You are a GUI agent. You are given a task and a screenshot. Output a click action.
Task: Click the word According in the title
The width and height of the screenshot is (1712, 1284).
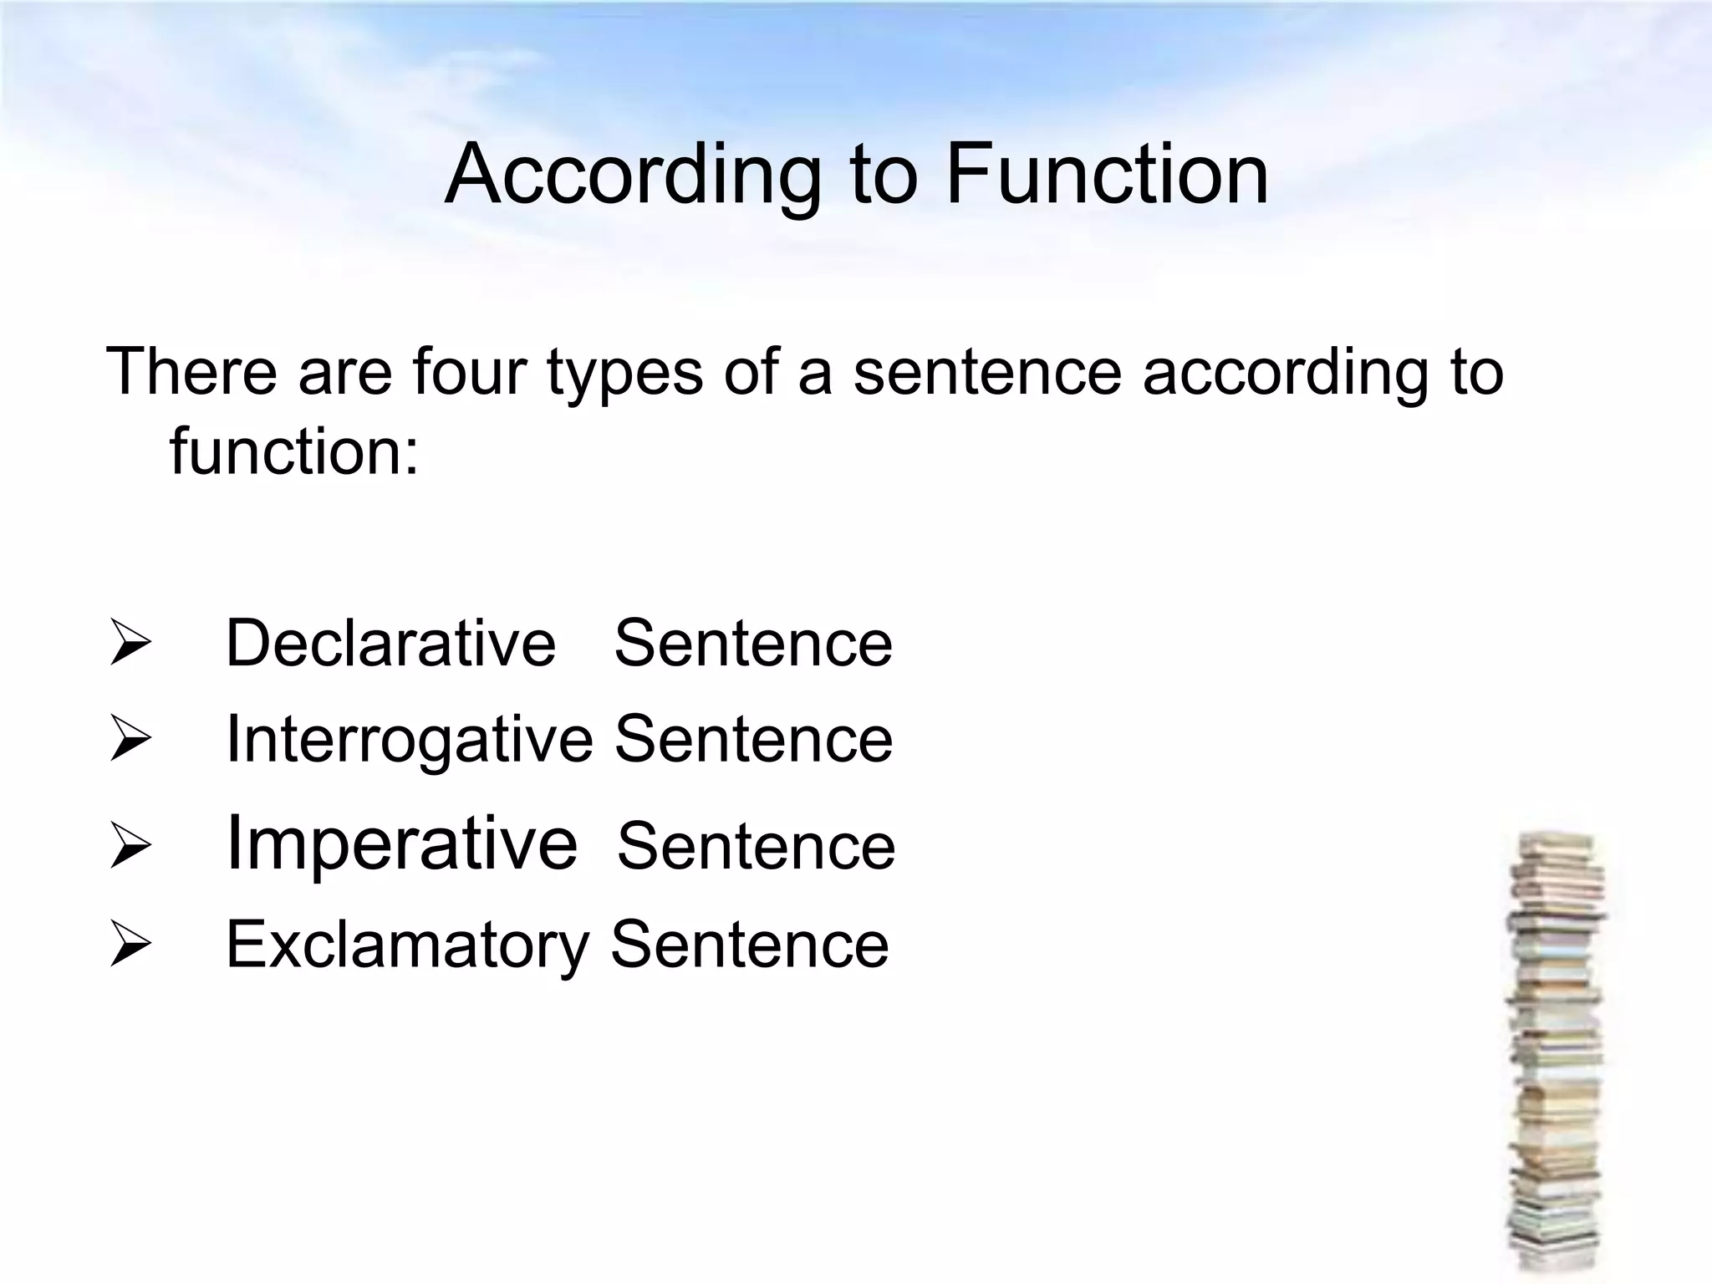click(633, 176)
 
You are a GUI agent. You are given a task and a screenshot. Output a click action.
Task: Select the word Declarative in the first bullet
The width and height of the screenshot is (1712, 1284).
click(390, 643)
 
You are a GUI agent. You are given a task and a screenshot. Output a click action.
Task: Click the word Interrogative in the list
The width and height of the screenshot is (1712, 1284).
click(409, 740)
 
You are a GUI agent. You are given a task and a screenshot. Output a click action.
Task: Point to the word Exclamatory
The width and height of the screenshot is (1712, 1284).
click(407, 945)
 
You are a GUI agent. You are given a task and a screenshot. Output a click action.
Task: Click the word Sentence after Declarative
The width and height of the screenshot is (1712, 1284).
click(753, 643)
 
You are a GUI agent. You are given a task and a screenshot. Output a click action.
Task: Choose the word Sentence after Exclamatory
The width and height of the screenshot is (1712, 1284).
click(750, 945)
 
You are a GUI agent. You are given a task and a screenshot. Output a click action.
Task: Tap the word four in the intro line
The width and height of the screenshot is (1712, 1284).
click(469, 371)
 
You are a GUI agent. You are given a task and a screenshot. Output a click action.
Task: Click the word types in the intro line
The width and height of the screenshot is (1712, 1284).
click(624, 373)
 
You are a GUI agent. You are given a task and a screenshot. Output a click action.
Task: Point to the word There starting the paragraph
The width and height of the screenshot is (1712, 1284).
click(191, 371)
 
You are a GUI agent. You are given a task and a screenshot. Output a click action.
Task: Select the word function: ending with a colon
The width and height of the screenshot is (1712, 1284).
click(294, 451)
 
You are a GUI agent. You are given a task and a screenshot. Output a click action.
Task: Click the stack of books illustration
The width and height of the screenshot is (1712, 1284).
click(1556, 1053)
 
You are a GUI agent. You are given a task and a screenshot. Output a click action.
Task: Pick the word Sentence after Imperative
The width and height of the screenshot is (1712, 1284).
click(756, 846)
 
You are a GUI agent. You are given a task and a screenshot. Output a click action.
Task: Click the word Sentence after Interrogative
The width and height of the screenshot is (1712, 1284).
click(753, 740)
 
